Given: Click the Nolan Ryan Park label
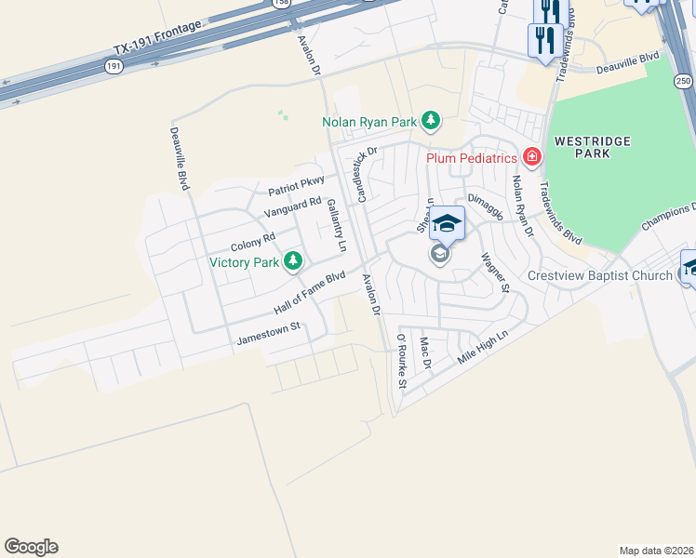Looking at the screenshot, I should click(368, 121).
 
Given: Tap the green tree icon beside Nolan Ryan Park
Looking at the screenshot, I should click(430, 120).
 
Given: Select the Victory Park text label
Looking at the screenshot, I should click(245, 262).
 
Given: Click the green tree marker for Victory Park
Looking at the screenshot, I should click(293, 261).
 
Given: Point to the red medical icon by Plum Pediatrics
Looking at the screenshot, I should click(531, 157).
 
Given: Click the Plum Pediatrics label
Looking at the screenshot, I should click(472, 158).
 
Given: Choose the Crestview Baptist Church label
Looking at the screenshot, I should click(599, 275).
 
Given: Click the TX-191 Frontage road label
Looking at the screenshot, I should click(156, 41).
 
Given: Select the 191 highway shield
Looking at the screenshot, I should click(114, 66).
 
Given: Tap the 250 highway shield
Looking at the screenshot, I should click(683, 81).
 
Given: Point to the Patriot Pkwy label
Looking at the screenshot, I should click(296, 186).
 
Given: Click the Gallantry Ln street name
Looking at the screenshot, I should click(336, 229).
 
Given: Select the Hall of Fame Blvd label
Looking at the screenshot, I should click(310, 292).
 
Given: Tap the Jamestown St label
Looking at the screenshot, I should click(271, 328).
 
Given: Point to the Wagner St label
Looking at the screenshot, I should click(495, 272).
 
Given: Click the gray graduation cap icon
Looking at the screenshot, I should click(439, 254).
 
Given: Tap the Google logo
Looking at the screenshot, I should click(31, 547).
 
